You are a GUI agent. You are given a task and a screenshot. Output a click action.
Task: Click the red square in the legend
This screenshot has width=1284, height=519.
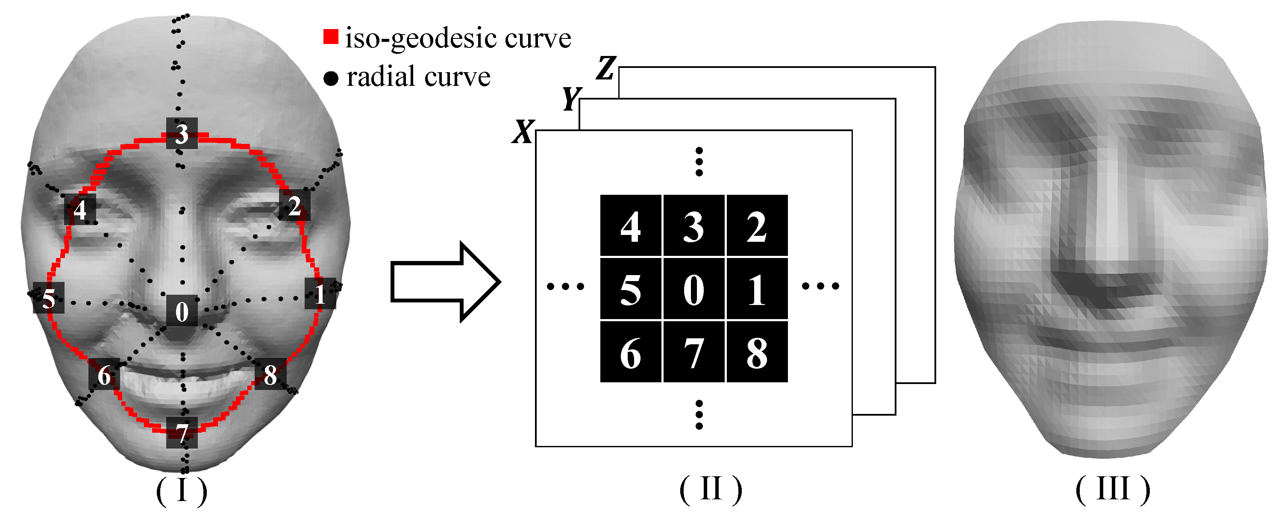(330, 36)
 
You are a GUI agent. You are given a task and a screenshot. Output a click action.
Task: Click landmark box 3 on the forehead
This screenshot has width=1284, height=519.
(182, 133)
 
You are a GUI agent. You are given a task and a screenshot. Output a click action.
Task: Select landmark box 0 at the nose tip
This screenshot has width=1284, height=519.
(182, 311)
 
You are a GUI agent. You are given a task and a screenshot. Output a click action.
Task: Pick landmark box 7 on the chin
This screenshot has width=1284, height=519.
(182, 432)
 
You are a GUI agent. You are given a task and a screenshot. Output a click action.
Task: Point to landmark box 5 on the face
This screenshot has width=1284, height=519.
(48, 298)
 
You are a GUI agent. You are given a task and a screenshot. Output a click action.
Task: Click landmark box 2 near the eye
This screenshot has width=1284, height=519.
(294, 205)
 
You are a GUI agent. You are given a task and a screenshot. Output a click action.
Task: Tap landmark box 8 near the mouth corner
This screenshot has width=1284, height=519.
(270, 374)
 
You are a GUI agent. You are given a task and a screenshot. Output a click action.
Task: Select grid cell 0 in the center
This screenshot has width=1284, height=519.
(693, 289)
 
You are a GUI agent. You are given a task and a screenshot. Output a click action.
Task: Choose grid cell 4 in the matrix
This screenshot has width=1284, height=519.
(631, 226)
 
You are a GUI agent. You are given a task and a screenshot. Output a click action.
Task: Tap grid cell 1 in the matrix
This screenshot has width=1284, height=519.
(757, 289)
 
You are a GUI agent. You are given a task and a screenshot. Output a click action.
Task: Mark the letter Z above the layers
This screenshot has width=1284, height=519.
(607, 68)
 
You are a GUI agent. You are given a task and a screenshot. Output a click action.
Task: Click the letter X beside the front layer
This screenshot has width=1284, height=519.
(523, 132)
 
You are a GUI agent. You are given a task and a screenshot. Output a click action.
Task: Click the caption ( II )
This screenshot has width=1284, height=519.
(710, 490)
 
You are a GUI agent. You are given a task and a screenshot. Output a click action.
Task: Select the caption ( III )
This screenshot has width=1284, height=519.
(1112, 490)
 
